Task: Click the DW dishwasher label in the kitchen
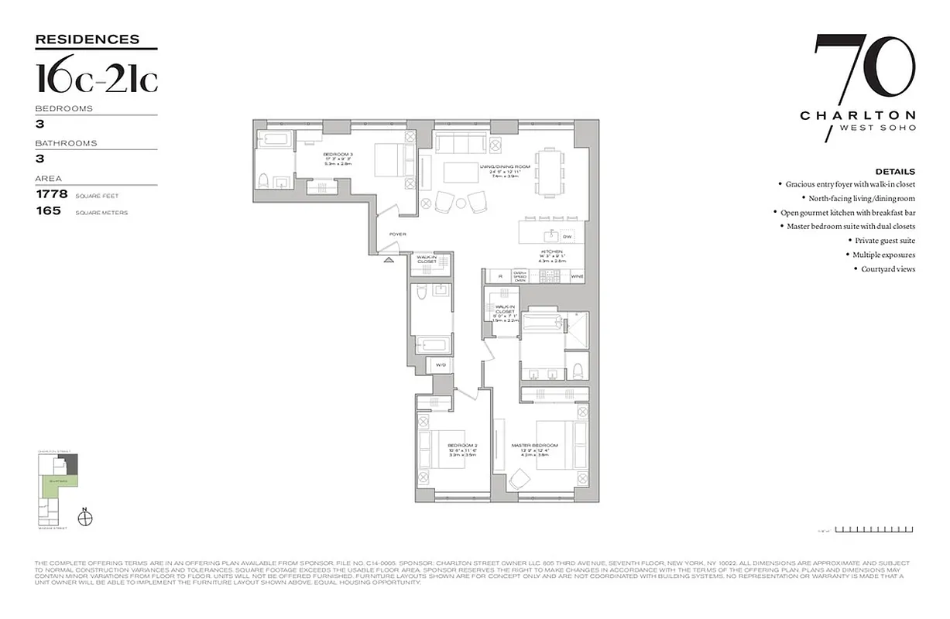[568, 236]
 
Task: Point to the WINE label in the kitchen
[576, 276]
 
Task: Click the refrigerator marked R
[500, 276]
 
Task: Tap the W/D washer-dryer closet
[441, 364]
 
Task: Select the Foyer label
[398, 234]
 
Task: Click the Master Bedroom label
[534, 446]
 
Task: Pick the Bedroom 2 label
[461, 446]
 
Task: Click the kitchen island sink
[554, 235]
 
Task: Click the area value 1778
[53, 194]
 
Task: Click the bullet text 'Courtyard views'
[888, 269]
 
